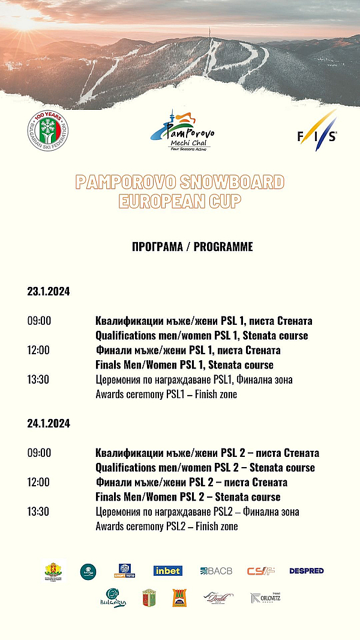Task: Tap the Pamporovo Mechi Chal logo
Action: (182, 131)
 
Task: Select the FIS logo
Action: (317, 131)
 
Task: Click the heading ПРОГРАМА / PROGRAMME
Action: (192, 247)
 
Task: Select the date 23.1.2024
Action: (49, 292)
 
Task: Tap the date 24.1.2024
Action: (49, 424)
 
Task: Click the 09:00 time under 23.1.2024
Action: (39, 321)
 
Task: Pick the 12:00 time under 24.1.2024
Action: (39, 483)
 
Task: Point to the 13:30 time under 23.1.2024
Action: (39, 380)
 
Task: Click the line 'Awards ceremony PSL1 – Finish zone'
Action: (166, 395)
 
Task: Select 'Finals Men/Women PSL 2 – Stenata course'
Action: (188, 497)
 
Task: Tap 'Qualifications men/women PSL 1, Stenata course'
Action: (202, 336)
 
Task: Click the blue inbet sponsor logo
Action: (168, 571)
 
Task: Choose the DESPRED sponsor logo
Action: (307, 571)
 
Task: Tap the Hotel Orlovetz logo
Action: (265, 597)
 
